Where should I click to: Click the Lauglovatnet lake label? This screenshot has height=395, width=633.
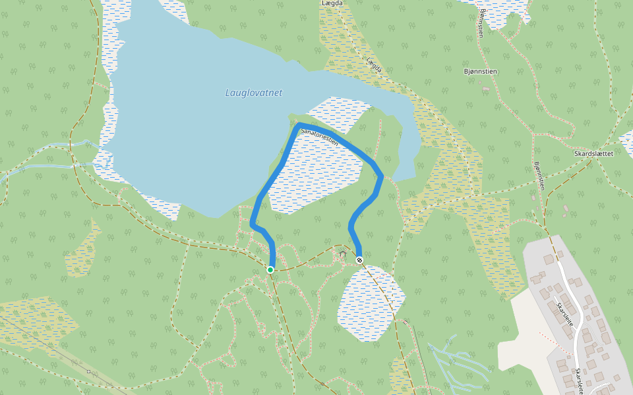pyautogui.click(x=253, y=93)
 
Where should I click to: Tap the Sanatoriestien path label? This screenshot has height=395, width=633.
pyautogui.click(x=319, y=138)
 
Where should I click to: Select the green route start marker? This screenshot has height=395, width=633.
pyautogui.click(x=270, y=270)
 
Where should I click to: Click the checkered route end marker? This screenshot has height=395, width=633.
pyautogui.click(x=359, y=260)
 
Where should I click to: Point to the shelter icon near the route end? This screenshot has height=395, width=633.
pyautogui.click(x=342, y=253)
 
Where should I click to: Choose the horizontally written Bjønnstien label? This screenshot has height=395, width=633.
pyautogui.click(x=480, y=71)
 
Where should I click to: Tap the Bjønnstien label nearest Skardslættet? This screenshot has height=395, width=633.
pyautogui.click(x=539, y=176)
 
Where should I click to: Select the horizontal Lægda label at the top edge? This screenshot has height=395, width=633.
pyautogui.click(x=333, y=3)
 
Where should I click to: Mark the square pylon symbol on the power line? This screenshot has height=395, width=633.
pyautogui.click(x=88, y=371)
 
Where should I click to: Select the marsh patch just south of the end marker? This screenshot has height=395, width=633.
pyautogui.click(x=369, y=303)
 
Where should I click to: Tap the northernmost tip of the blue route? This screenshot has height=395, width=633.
pyautogui.click(x=300, y=124)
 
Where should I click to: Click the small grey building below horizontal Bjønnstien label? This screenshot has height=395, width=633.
pyautogui.click(x=486, y=89)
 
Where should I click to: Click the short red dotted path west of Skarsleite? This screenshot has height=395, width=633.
pyautogui.click(x=551, y=340)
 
